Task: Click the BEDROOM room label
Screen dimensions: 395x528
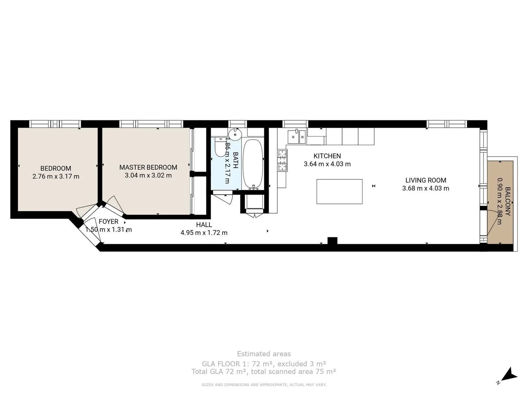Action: (x=56, y=168)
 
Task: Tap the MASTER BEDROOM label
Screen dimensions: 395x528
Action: (x=148, y=167)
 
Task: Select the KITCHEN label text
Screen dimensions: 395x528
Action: (x=327, y=156)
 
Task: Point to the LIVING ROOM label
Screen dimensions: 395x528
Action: (x=426, y=180)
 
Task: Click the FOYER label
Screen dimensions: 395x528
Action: (x=109, y=221)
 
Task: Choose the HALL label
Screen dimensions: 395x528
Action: (x=204, y=225)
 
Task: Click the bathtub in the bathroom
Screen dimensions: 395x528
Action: (x=253, y=163)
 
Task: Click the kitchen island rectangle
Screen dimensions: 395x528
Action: (x=339, y=191)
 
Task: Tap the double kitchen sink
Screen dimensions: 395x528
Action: (x=297, y=137)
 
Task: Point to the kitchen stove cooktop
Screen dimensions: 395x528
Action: (x=282, y=161)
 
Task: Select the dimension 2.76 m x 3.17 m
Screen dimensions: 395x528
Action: (x=56, y=176)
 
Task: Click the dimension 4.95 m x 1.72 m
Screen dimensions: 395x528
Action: (x=204, y=233)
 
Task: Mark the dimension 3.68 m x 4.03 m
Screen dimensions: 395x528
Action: (x=426, y=188)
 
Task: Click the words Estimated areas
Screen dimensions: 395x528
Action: (x=264, y=354)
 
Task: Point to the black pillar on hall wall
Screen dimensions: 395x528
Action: (x=332, y=241)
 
